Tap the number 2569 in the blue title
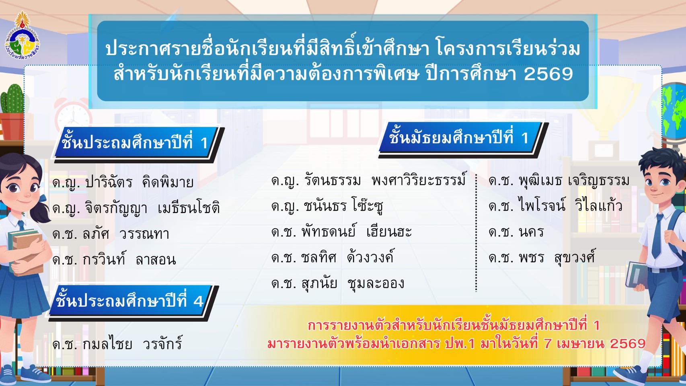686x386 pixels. tap(548, 74)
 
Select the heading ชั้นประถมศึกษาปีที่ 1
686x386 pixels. tap(135, 143)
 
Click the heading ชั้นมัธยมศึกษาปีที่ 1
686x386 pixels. tap(458, 138)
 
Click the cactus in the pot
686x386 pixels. tap(12, 99)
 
